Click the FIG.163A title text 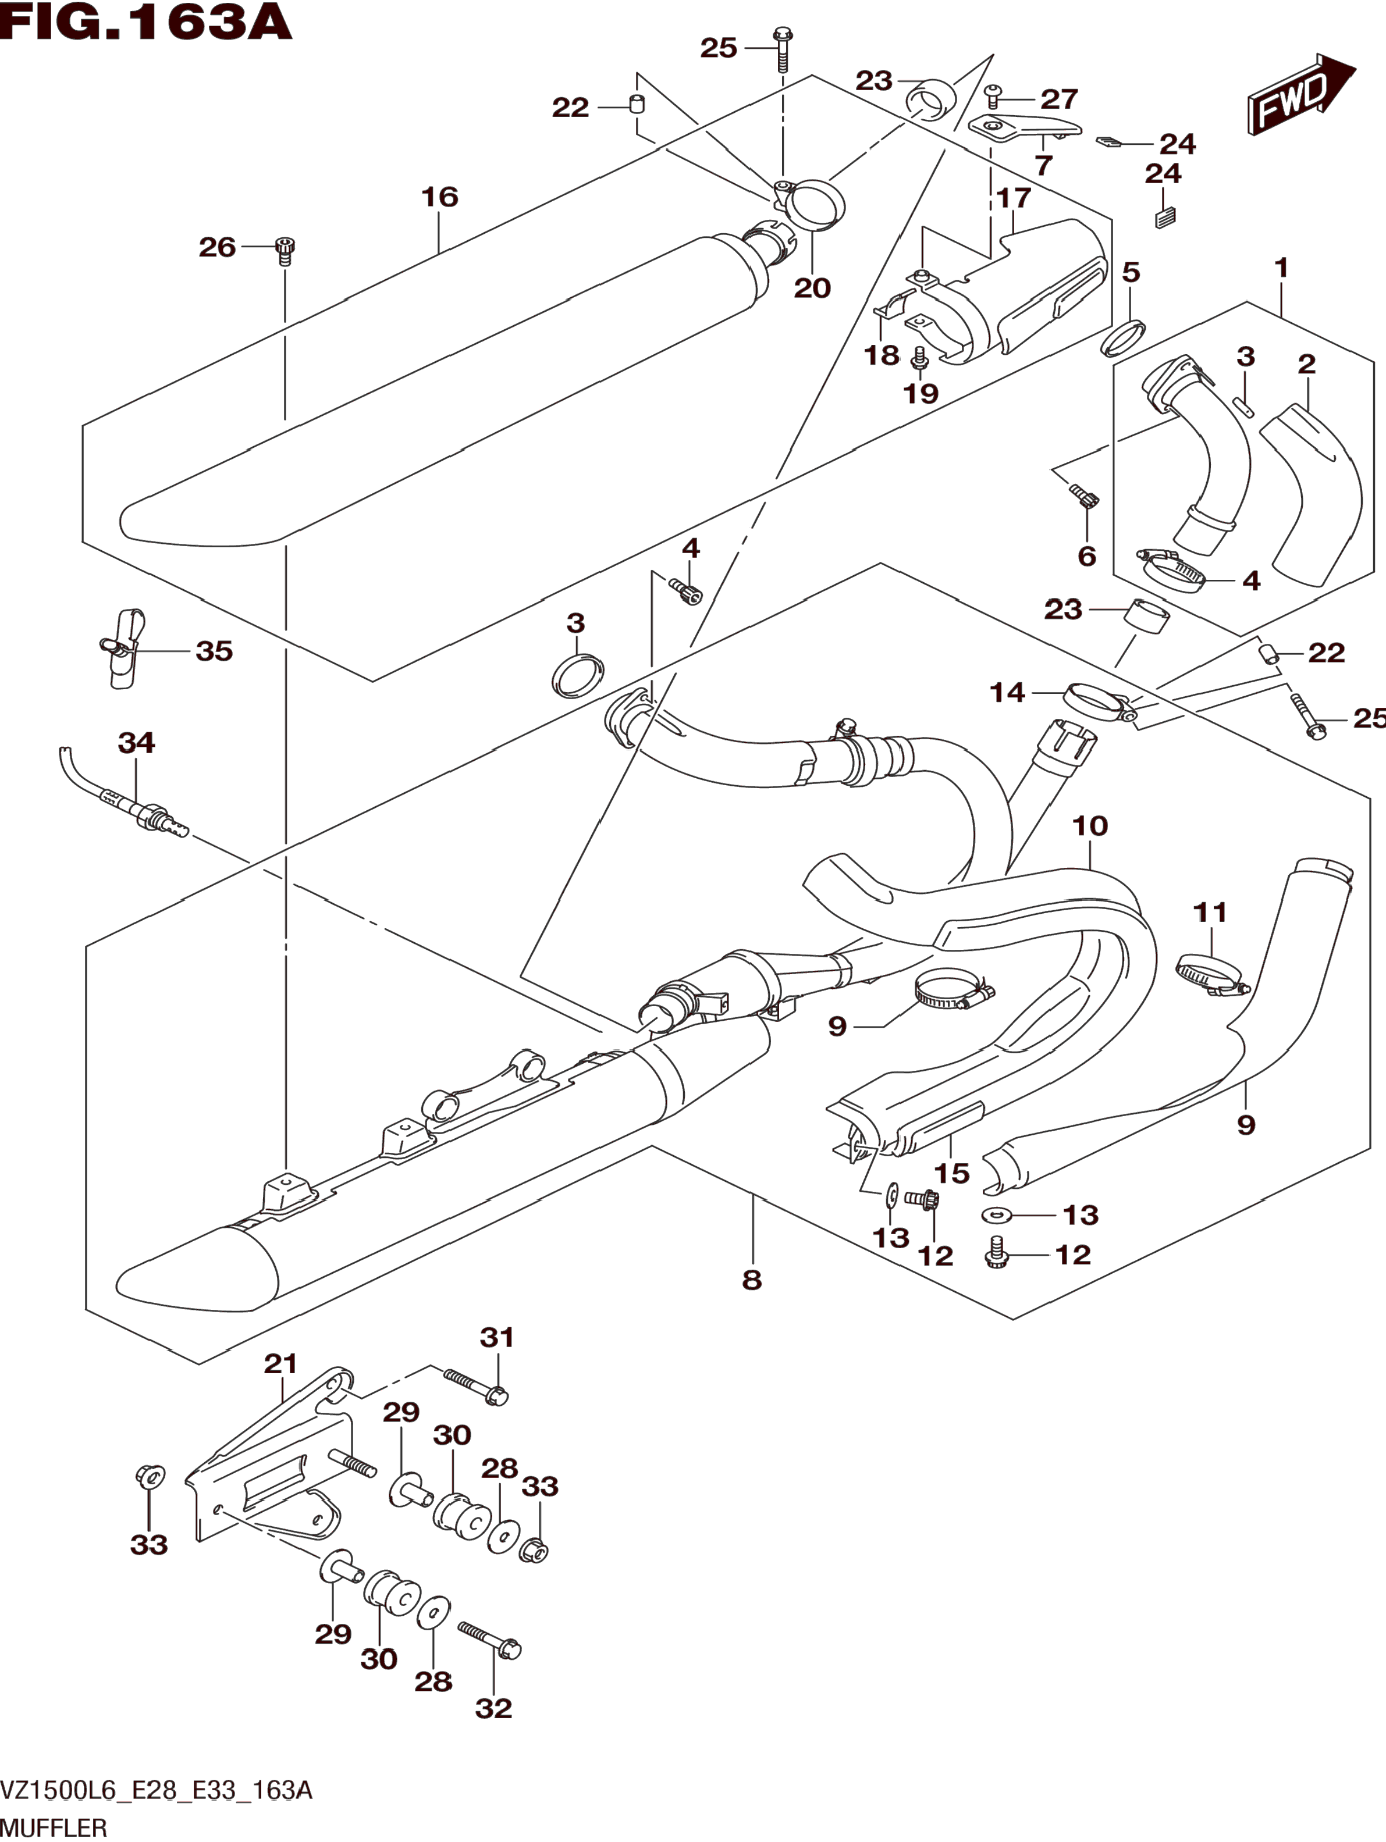coord(146,23)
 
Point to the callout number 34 coord(137,742)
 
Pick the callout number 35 coord(214,651)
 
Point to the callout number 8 coord(751,1280)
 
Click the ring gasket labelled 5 coord(1121,336)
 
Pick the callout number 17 coord(1014,198)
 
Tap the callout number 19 coord(921,393)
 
